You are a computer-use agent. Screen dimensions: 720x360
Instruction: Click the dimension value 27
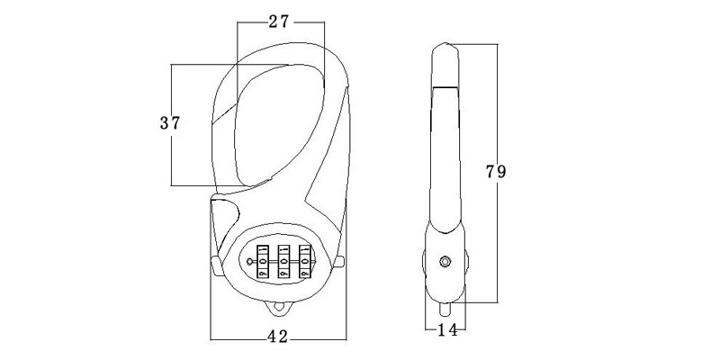(x=279, y=21)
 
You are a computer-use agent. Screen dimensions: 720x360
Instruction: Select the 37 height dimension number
(x=170, y=123)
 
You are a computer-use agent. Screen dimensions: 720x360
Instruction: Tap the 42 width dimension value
(x=277, y=337)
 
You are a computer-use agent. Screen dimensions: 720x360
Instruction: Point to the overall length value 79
(x=496, y=172)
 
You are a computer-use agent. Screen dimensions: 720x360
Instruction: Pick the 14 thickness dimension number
(x=446, y=330)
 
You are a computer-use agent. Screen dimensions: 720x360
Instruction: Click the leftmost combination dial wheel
(x=263, y=261)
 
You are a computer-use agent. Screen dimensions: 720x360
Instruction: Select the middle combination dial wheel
(x=283, y=261)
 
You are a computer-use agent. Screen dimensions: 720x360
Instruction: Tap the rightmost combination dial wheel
(x=305, y=261)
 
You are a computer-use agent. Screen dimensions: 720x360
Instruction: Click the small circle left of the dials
(x=249, y=262)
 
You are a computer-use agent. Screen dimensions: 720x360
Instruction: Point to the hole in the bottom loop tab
(x=278, y=307)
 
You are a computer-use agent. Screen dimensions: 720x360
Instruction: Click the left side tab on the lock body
(x=216, y=265)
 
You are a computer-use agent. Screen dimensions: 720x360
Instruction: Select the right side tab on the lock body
(x=339, y=263)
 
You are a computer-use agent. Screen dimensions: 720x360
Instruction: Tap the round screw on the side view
(x=445, y=262)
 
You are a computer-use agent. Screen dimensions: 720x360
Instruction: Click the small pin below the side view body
(x=445, y=309)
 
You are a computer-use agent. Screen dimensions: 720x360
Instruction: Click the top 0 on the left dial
(x=263, y=250)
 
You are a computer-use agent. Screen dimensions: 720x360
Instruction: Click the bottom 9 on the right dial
(x=305, y=274)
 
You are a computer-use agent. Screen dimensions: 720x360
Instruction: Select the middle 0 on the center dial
(x=283, y=262)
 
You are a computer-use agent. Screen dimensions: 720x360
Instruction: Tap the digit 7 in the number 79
(x=490, y=172)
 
